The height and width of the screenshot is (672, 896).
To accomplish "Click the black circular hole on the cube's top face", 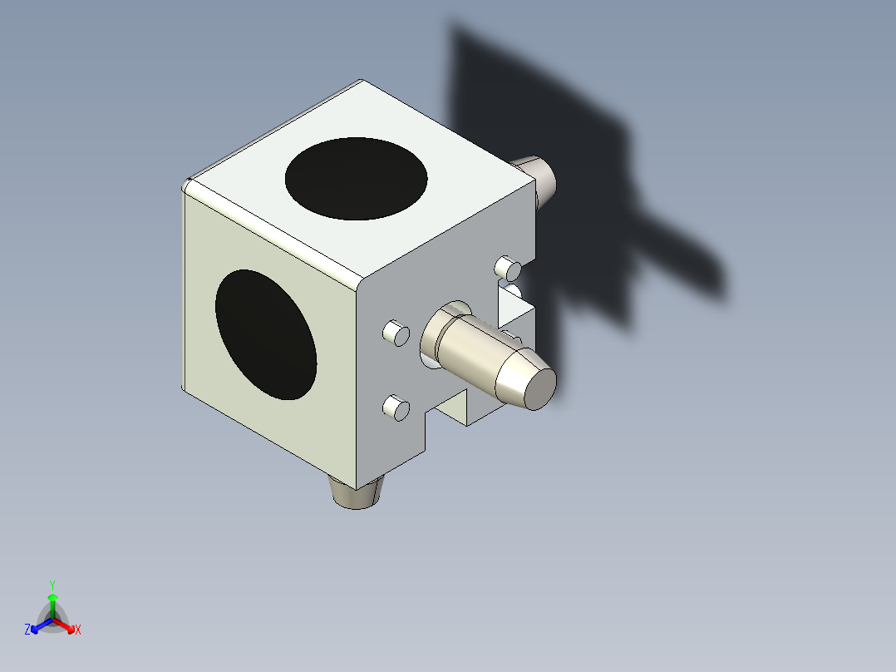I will point(356,179).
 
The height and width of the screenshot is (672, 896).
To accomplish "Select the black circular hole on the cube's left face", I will point(266,334).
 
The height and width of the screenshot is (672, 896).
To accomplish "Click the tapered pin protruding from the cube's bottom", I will point(356,495).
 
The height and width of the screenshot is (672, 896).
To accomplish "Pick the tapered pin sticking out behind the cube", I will point(538,177).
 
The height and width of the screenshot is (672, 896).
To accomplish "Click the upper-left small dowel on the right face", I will point(396,333).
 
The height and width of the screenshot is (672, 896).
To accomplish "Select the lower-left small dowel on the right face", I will point(395,408).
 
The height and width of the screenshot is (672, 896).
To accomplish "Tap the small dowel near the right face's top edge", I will point(508,268).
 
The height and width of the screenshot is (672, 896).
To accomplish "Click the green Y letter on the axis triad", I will point(52,584).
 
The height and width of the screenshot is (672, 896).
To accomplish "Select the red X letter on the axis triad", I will point(77,630).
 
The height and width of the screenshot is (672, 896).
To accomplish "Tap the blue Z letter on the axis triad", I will point(27,630).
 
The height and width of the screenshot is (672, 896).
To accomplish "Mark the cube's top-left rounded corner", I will point(188,184).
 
